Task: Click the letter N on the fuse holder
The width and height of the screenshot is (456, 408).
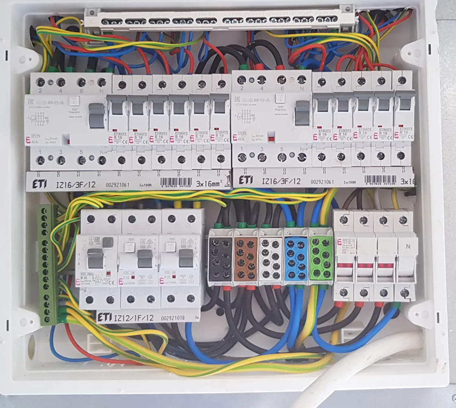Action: point(407,247)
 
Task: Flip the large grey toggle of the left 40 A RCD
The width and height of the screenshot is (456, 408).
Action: point(97,115)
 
